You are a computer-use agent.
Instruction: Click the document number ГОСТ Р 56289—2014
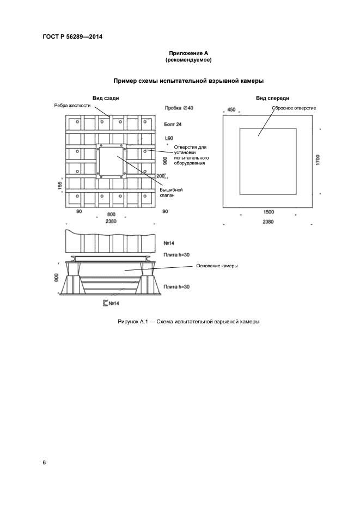[x=72, y=36]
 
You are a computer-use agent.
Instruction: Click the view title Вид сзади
[x=106, y=98]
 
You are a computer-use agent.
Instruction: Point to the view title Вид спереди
[x=272, y=98]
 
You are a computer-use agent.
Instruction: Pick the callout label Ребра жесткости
[x=72, y=106]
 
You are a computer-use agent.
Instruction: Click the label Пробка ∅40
[x=179, y=108]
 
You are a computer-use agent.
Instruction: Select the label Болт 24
[x=173, y=124]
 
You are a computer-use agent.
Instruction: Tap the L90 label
[x=169, y=138]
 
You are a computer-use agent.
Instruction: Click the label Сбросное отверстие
[x=294, y=108]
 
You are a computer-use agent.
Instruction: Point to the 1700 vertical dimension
[x=318, y=160]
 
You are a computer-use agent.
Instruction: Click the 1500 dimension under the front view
[x=269, y=212]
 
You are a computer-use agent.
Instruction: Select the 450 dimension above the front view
[x=231, y=110]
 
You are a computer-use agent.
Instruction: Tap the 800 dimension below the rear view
[x=111, y=214]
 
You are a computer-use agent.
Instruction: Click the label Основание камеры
[x=217, y=266]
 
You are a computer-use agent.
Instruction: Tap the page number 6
[x=44, y=463]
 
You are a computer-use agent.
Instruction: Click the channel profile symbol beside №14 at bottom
[x=105, y=303]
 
